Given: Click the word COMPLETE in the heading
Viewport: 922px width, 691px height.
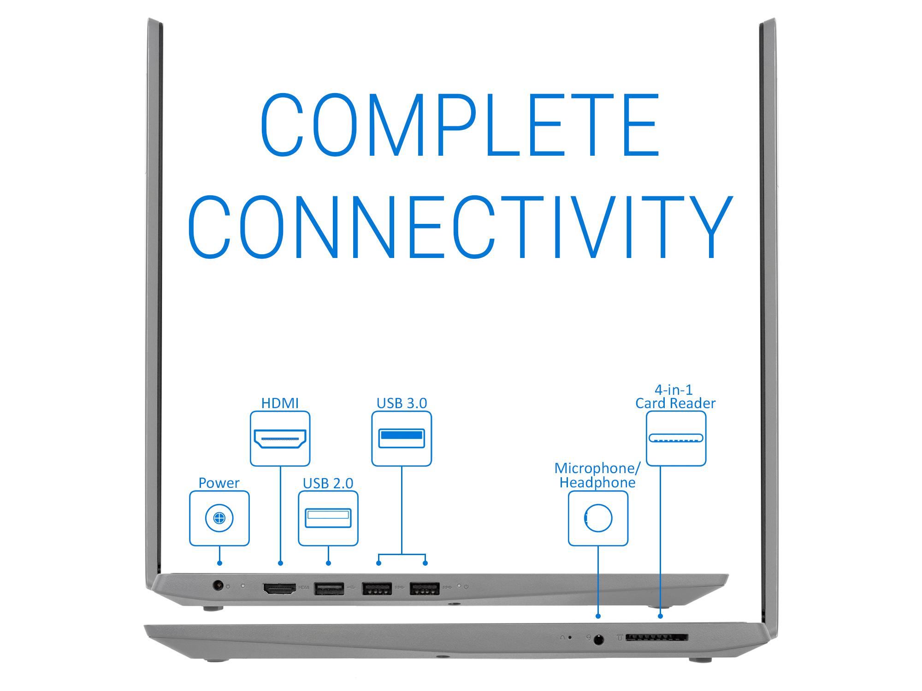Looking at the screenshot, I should click(460, 124).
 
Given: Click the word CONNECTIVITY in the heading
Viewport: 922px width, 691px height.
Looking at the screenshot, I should click(460, 227).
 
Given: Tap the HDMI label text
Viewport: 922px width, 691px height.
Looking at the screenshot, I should click(280, 403).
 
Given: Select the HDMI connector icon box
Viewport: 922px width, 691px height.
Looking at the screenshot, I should click(280, 439).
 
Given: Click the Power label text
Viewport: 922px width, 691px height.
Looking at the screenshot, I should click(219, 483).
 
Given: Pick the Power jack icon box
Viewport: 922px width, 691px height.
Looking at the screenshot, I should click(219, 518).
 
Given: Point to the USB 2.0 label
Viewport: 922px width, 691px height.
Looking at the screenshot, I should click(328, 483).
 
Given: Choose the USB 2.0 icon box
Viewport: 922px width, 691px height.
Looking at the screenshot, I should click(328, 518).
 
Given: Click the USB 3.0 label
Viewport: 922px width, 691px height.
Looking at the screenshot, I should click(402, 403).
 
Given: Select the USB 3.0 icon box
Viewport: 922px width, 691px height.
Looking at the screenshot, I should click(402, 439).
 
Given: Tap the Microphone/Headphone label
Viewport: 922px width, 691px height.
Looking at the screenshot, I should click(597, 475).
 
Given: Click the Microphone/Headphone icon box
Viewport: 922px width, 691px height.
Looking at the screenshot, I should click(598, 518).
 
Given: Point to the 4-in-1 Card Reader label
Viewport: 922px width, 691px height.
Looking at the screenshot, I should click(675, 397).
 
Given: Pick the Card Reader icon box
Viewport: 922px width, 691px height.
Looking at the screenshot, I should click(676, 439).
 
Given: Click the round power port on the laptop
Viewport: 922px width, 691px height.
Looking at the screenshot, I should click(217, 586).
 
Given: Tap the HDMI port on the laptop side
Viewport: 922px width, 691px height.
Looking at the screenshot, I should click(279, 588).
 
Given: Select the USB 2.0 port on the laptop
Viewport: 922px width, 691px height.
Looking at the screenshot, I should click(329, 588).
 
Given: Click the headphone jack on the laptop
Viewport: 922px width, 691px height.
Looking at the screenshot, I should click(598, 639).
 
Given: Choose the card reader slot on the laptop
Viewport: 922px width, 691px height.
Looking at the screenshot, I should click(657, 638).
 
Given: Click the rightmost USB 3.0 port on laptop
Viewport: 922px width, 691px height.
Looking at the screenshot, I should click(424, 588).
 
